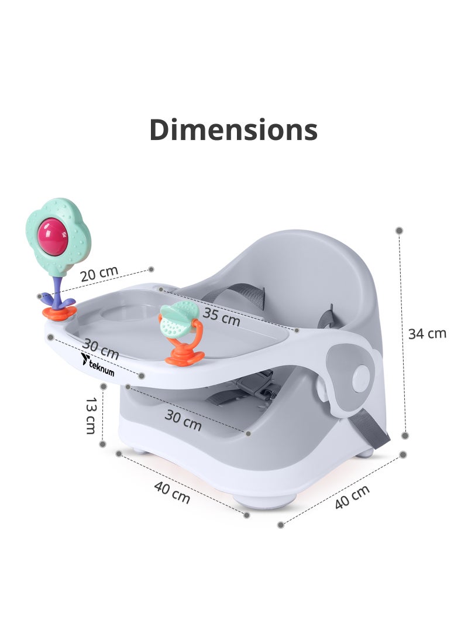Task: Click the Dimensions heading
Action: tap(233, 129)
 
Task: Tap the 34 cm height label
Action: tap(427, 333)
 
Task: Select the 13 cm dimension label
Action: tap(91, 416)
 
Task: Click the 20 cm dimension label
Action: tap(99, 274)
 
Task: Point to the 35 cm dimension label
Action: tap(221, 316)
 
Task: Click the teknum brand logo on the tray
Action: tap(97, 365)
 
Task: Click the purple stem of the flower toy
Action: tap(57, 291)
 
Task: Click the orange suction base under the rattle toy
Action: tap(185, 356)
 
